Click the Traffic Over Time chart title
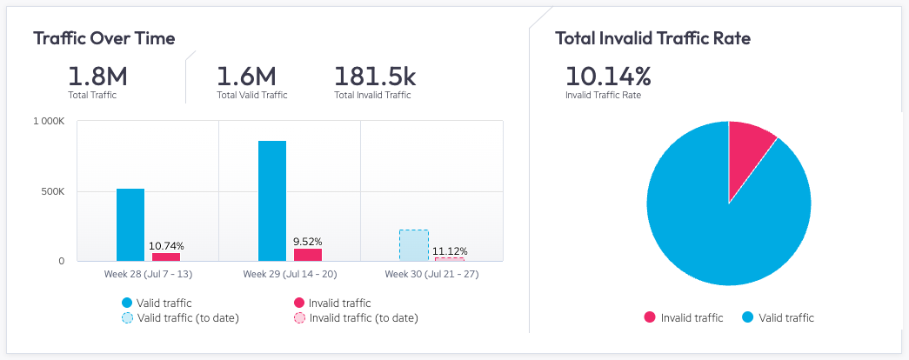[104, 38]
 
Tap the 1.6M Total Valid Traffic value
[245, 76]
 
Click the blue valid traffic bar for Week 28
[130, 224]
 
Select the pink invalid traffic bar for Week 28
[165, 257]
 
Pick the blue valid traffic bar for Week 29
[272, 200]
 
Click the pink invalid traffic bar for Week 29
[307, 255]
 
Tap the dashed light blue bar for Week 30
[414, 245]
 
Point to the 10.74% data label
[166, 246]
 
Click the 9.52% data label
[308, 242]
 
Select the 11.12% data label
[450, 251]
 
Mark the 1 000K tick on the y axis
[48, 122]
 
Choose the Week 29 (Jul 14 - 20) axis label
[290, 275]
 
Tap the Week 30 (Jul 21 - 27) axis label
[431, 275]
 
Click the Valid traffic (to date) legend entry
[181, 318]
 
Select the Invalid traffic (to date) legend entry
[357, 318]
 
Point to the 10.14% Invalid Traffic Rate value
[608, 76]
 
